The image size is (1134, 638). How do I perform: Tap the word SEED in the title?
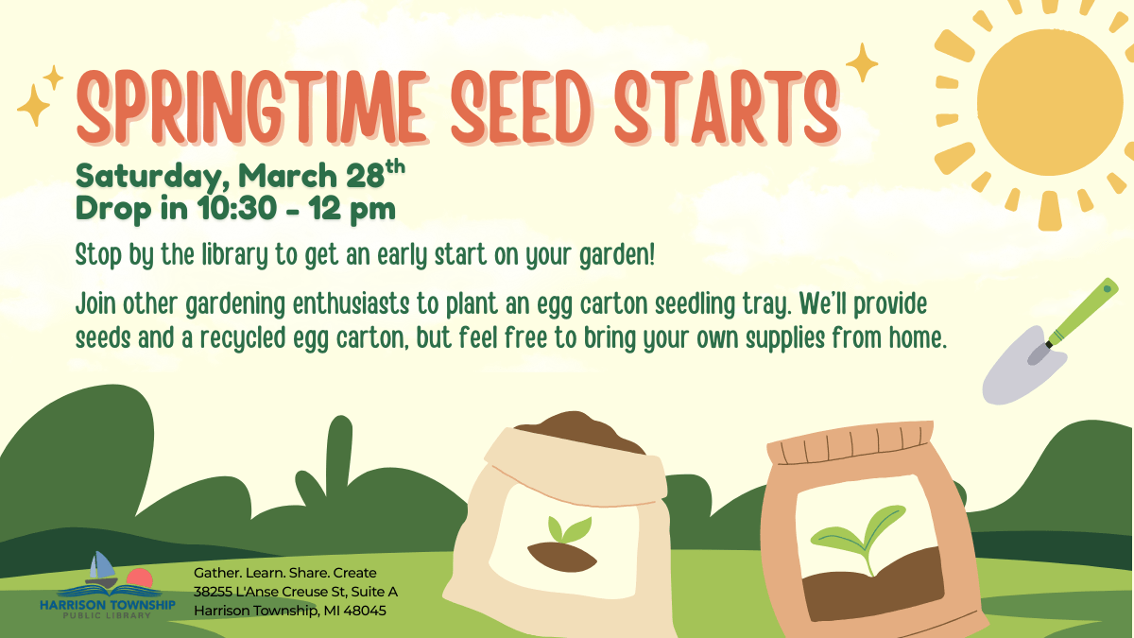pyautogui.click(x=521, y=108)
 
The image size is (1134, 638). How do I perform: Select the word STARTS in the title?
pyautogui.click(x=726, y=108)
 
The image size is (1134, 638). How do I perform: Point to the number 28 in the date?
pyautogui.click(x=365, y=175)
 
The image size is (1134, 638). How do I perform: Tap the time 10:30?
pyautogui.click(x=237, y=208)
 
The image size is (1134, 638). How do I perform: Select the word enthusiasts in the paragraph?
pyautogui.click(x=351, y=303)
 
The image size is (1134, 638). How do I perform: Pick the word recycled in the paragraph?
pyautogui.click(x=243, y=338)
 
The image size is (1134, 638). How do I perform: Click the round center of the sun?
pyautogui.click(x=1051, y=102)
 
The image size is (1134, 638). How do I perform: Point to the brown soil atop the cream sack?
pyautogui.click(x=577, y=430)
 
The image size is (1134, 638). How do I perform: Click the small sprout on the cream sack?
pyautogui.click(x=569, y=529)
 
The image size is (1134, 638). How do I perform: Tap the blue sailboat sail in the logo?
pyautogui.click(x=103, y=565)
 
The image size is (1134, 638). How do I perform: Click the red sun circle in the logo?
pyautogui.click(x=140, y=578)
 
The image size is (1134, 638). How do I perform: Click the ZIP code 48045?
pyautogui.click(x=365, y=611)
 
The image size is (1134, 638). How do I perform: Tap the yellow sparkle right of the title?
pyautogui.click(x=862, y=62)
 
